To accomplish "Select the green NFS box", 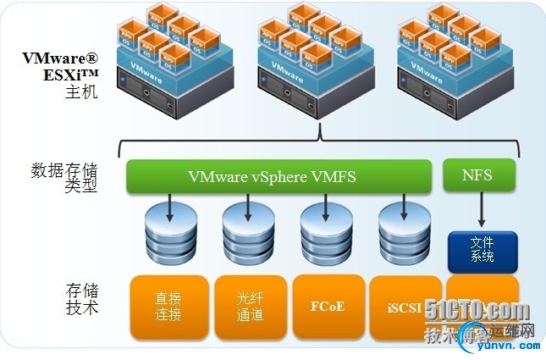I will (x=478, y=175).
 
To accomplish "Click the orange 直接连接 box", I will (x=168, y=306).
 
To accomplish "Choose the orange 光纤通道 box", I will (x=250, y=306).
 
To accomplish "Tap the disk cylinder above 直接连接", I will (x=170, y=232).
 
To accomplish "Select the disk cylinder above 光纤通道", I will (x=249, y=232).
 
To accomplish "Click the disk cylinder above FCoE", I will (x=327, y=232).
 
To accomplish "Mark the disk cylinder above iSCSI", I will (x=405, y=232).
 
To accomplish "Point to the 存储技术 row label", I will (x=80, y=298).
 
